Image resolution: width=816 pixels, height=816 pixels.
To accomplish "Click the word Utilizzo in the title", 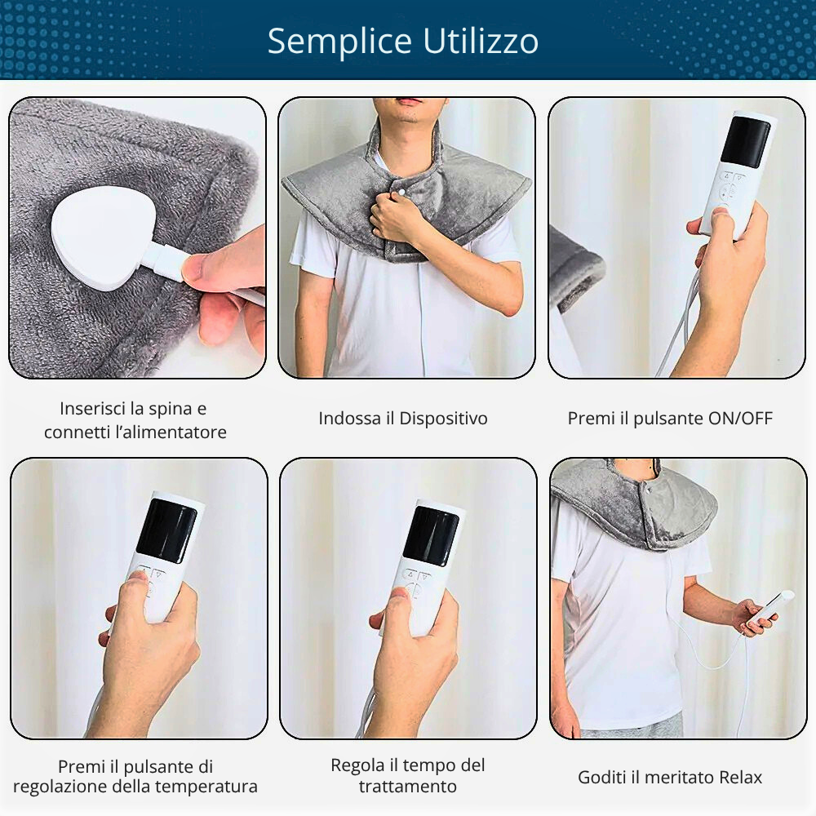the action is (x=481, y=41).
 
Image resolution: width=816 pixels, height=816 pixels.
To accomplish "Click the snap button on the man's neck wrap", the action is (x=401, y=192).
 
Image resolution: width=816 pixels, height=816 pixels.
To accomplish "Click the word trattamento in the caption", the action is (x=407, y=787).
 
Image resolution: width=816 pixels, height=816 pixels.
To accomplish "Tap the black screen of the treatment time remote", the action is (x=431, y=536).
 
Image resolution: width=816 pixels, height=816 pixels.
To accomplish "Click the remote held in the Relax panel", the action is (x=771, y=609).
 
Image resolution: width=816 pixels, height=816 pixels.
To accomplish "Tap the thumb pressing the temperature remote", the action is (x=134, y=589).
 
